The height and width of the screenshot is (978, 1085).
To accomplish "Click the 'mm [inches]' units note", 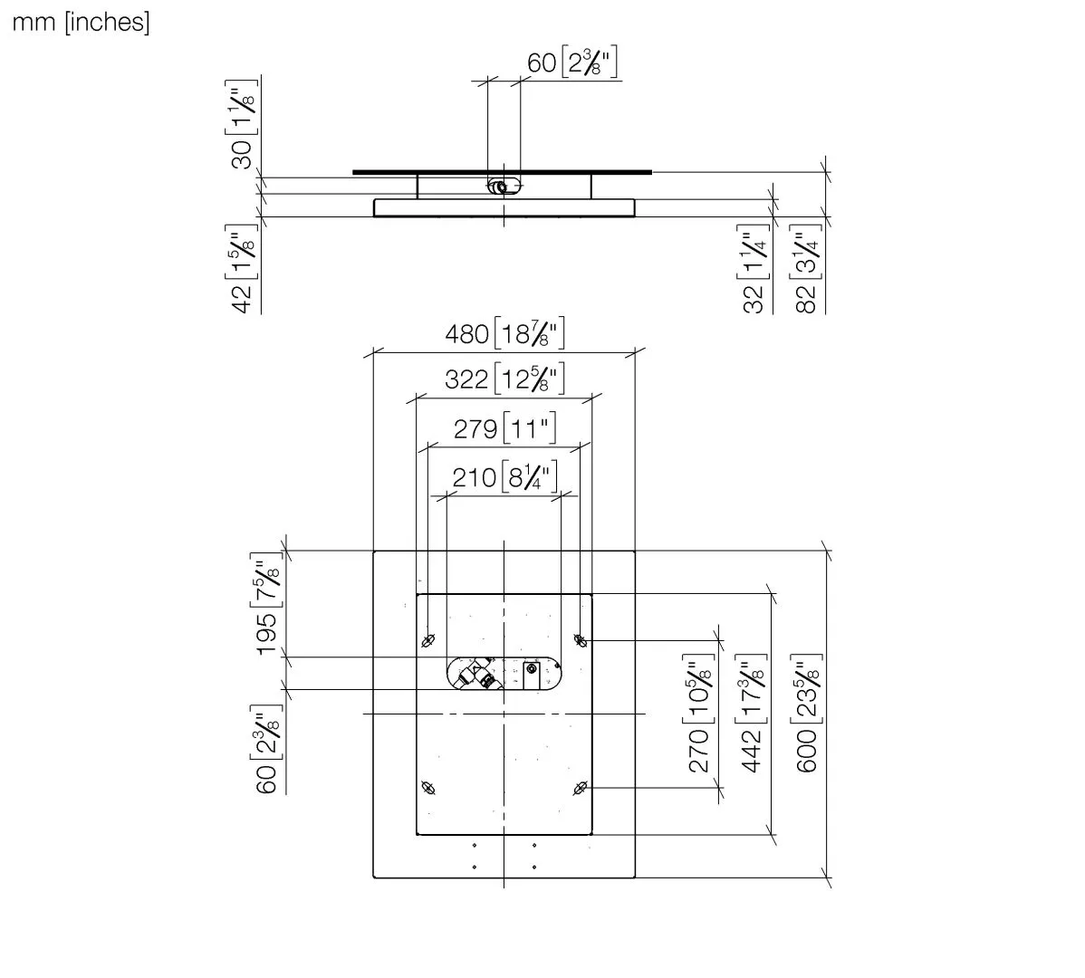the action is tap(81, 22).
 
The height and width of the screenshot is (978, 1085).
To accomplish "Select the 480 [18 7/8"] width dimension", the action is tap(504, 333).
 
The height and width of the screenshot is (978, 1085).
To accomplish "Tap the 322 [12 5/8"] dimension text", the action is tap(504, 379).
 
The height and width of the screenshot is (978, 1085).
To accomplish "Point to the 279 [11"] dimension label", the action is tap(505, 428).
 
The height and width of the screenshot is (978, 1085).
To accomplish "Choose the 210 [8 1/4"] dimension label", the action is tap(504, 476).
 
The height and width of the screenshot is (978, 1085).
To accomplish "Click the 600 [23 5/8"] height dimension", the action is tap(807, 713).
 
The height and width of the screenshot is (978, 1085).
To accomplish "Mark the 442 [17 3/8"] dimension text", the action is tap(753, 713).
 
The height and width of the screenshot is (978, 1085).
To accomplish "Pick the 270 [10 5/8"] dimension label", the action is tap(699, 713).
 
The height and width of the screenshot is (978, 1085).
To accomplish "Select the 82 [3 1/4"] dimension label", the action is tap(806, 268).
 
